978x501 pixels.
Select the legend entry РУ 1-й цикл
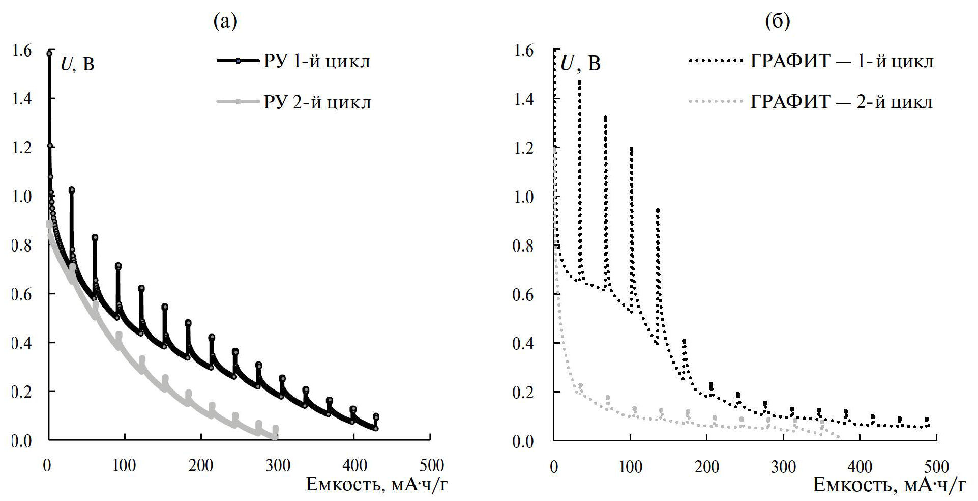(317, 62)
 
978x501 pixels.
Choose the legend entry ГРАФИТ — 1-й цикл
(842, 62)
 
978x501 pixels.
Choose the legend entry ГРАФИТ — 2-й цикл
(841, 102)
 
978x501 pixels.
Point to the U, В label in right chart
(580, 64)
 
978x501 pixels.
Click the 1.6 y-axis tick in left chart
(23, 51)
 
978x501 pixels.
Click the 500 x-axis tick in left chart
(430, 465)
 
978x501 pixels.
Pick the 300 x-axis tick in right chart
(784, 466)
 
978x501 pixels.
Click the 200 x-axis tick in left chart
(201, 465)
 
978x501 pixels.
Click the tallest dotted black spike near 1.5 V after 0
(579, 81)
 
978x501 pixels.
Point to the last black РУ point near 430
(376, 428)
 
